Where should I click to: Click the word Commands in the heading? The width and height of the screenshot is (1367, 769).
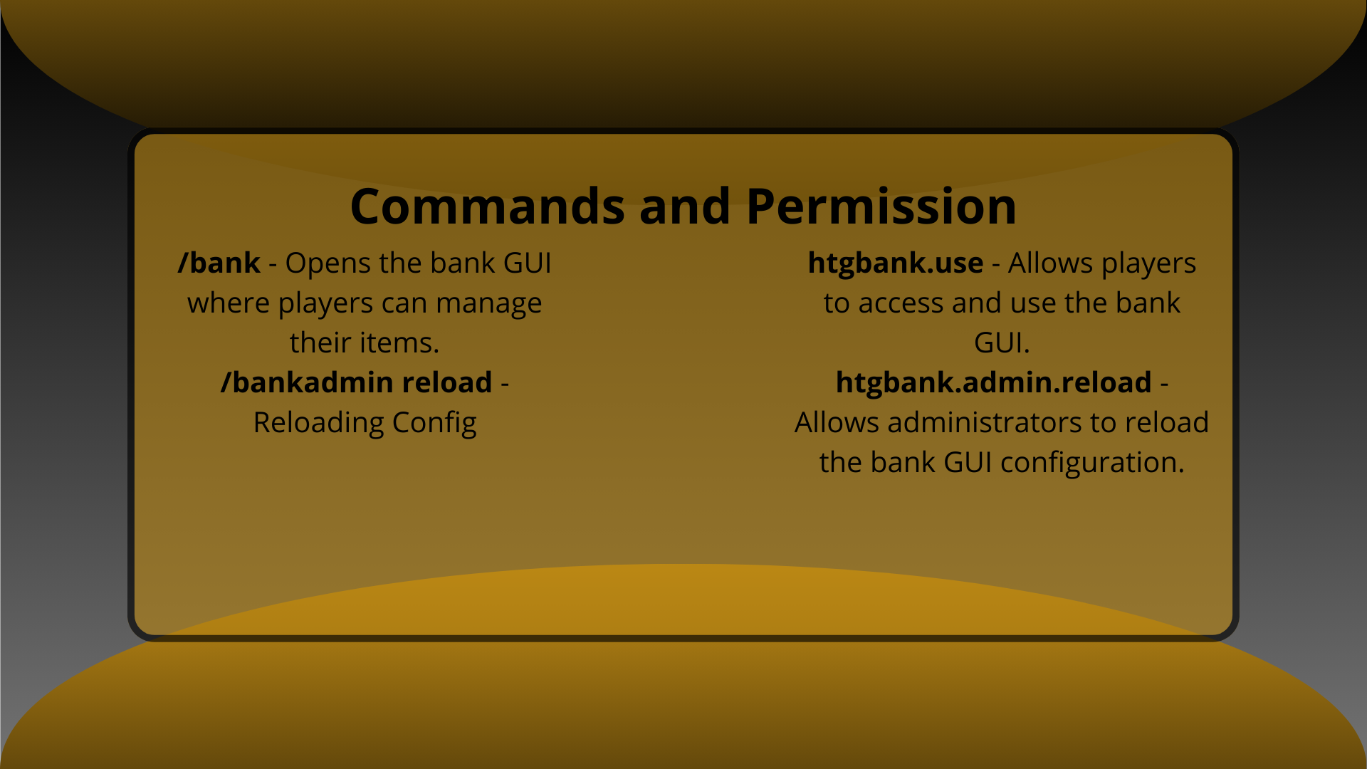pyautogui.click(x=488, y=206)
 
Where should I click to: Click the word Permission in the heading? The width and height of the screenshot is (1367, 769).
pyautogui.click(x=881, y=206)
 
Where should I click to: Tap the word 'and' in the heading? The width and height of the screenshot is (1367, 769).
pyautogui.click(x=684, y=206)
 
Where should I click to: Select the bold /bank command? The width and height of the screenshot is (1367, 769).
pyautogui.click(x=219, y=263)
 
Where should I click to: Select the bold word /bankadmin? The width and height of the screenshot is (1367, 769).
pyautogui.click(x=307, y=383)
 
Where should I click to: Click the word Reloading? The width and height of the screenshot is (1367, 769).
pyautogui.click(x=318, y=423)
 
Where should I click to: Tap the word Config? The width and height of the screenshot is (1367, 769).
pyautogui.click(x=434, y=423)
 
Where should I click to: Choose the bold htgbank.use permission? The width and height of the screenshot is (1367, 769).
pyautogui.click(x=895, y=263)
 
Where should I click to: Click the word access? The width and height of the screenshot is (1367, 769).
pyautogui.click(x=901, y=303)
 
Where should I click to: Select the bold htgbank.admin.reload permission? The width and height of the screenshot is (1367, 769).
pyautogui.click(x=993, y=383)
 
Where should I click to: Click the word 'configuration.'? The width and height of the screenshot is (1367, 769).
pyautogui.click(x=1092, y=463)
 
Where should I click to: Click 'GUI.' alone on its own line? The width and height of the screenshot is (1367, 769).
pyautogui.click(x=1002, y=343)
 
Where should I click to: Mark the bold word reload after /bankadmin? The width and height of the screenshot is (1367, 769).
pyautogui.click(x=446, y=383)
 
